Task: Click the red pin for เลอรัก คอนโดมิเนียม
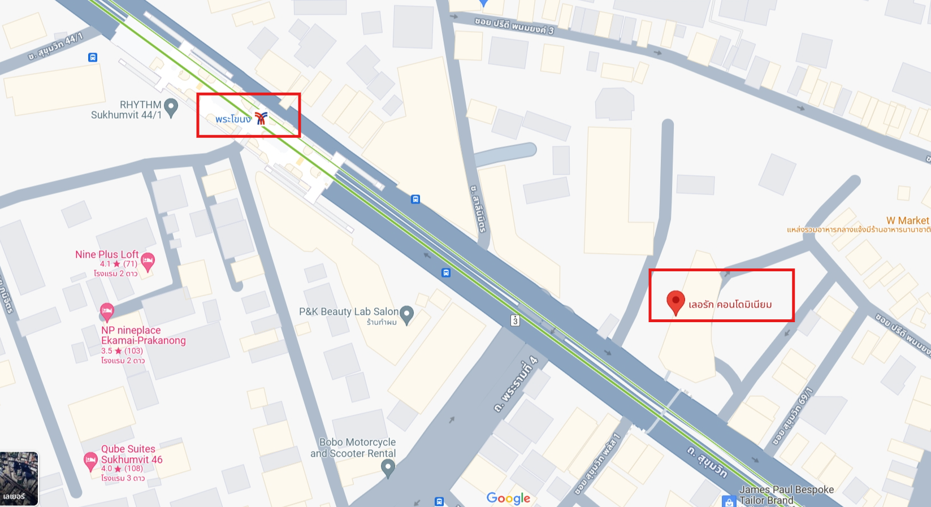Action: pyautogui.click(x=675, y=301)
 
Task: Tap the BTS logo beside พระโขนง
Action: pyautogui.click(x=261, y=118)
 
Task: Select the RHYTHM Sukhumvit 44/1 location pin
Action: pyautogui.click(x=171, y=106)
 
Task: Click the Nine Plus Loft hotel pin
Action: pyautogui.click(x=148, y=261)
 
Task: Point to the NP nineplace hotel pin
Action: pyautogui.click(x=107, y=311)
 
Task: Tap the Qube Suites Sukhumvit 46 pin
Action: pyautogui.click(x=90, y=461)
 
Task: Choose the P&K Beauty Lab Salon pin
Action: pyautogui.click(x=406, y=314)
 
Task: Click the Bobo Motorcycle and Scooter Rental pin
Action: pyautogui.click(x=388, y=467)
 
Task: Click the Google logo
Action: pyautogui.click(x=508, y=498)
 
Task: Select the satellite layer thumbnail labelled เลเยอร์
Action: pyautogui.click(x=19, y=478)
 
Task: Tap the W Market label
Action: pyautogui.click(x=907, y=220)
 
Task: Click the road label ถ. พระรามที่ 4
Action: pyautogui.click(x=515, y=385)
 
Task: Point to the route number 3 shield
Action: pyautogui.click(x=515, y=320)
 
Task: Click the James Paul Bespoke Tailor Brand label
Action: pyautogui.click(x=786, y=495)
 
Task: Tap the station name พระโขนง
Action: pyautogui.click(x=233, y=119)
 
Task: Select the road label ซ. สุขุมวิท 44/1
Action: pyautogui.click(x=55, y=47)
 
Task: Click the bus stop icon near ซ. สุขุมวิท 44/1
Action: pyautogui.click(x=93, y=57)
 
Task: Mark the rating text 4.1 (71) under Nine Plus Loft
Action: pyautogui.click(x=119, y=264)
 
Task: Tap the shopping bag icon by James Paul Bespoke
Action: pyautogui.click(x=729, y=501)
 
